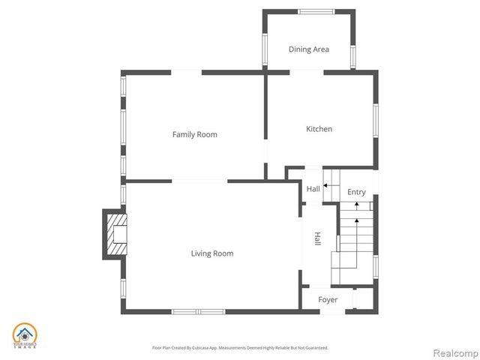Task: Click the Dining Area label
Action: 309,49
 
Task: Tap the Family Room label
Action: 194,135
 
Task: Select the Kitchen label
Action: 319,129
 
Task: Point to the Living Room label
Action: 211,253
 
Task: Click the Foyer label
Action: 328,300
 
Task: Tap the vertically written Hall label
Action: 317,239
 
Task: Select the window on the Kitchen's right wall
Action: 376,120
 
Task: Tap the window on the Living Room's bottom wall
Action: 197,311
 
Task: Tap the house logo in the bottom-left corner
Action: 24,336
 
